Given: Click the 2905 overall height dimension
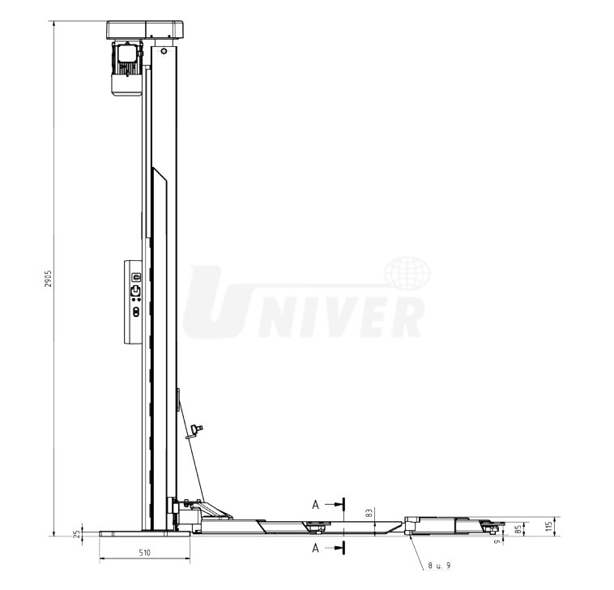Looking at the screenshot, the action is click(x=48, y=279).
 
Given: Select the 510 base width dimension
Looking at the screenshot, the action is click(x=144, y=553).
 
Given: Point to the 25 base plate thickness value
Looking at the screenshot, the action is click(x=77, y=532).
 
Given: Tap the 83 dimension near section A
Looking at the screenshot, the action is click(x=369, y=513).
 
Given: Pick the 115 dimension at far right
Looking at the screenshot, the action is click(x=550, y=526).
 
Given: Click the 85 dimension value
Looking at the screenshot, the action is click(x=518, y=530).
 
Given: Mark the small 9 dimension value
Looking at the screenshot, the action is click(x=497, y=542).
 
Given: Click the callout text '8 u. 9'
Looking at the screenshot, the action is click(x=439, y=566).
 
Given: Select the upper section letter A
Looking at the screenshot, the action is click(x=316, y=506).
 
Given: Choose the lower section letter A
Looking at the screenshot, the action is click(x=316, y=548).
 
